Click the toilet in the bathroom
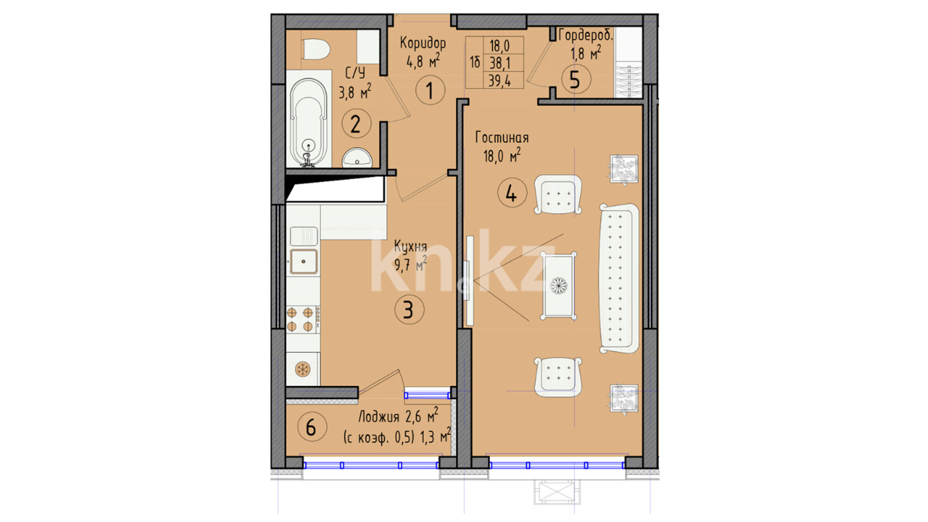tap(316, 49)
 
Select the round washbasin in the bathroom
tap(357, 158)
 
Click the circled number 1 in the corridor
tap(430, 90)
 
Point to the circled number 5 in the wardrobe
tap(576, 80)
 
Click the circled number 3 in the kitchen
tap(409, 309)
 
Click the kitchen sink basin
tap(304, 261)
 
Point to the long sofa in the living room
tap(619, 278)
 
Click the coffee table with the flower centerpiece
tap(559, 286)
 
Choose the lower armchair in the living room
tap(558, 377)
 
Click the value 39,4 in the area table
tap(500, 80)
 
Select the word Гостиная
tap(502, 138)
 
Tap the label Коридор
tap(423, 43)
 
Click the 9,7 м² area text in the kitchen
tap(410, 264)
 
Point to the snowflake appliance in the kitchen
tap(303, 370)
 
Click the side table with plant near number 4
tap(623, 169)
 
